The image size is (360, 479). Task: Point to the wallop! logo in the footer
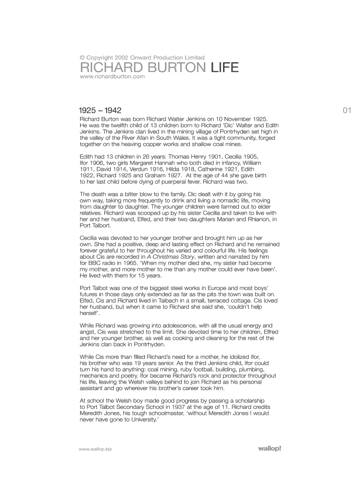pyautogui.click(x=270, y=449)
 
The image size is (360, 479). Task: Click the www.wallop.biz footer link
pyautogui.click(x=96, y=449)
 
